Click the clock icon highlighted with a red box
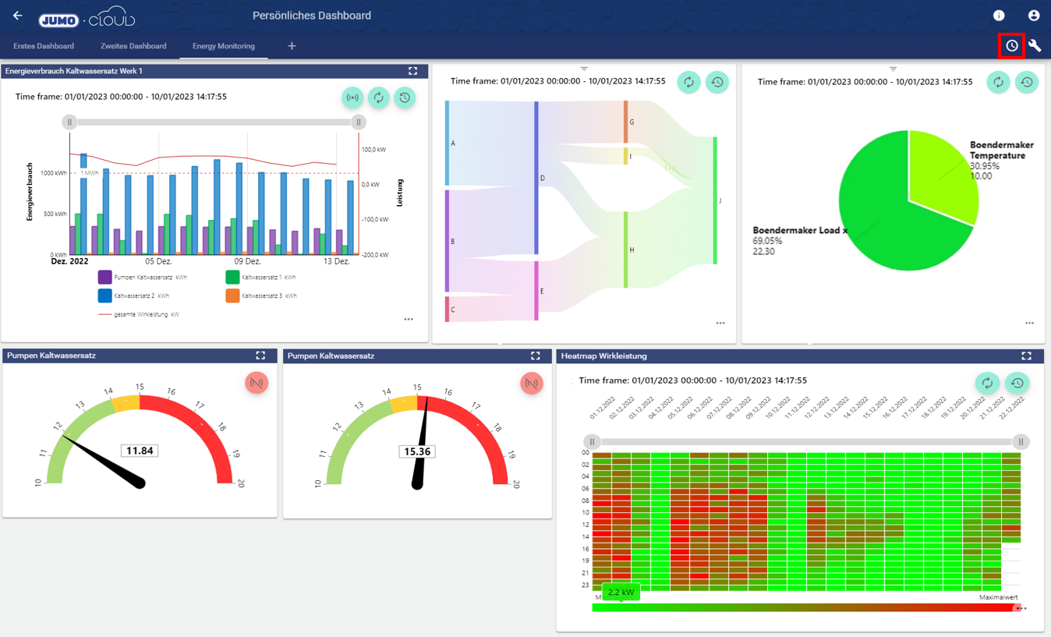coord(1011,46)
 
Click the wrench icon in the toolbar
coord(1035,46)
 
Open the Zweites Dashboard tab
coord(133,46)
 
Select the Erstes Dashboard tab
coord(44,46)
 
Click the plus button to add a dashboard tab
coord(292,46)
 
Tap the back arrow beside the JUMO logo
coord(17,16)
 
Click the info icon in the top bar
coord(999,16)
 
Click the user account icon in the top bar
coord(1034,16)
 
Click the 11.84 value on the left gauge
coord(140,451)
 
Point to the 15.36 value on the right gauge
coord(417,451)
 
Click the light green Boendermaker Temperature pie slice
coord(940,175)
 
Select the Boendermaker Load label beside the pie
coord(800,231)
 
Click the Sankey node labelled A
coord(448,143)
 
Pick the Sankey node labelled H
coord(626,249)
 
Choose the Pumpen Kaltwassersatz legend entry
coord(150,278)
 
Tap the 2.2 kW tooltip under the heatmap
coord(621,593)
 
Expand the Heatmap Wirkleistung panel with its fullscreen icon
coord(1026,356)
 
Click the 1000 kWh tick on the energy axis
coord(54,173)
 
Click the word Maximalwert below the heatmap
coord(999,597)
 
